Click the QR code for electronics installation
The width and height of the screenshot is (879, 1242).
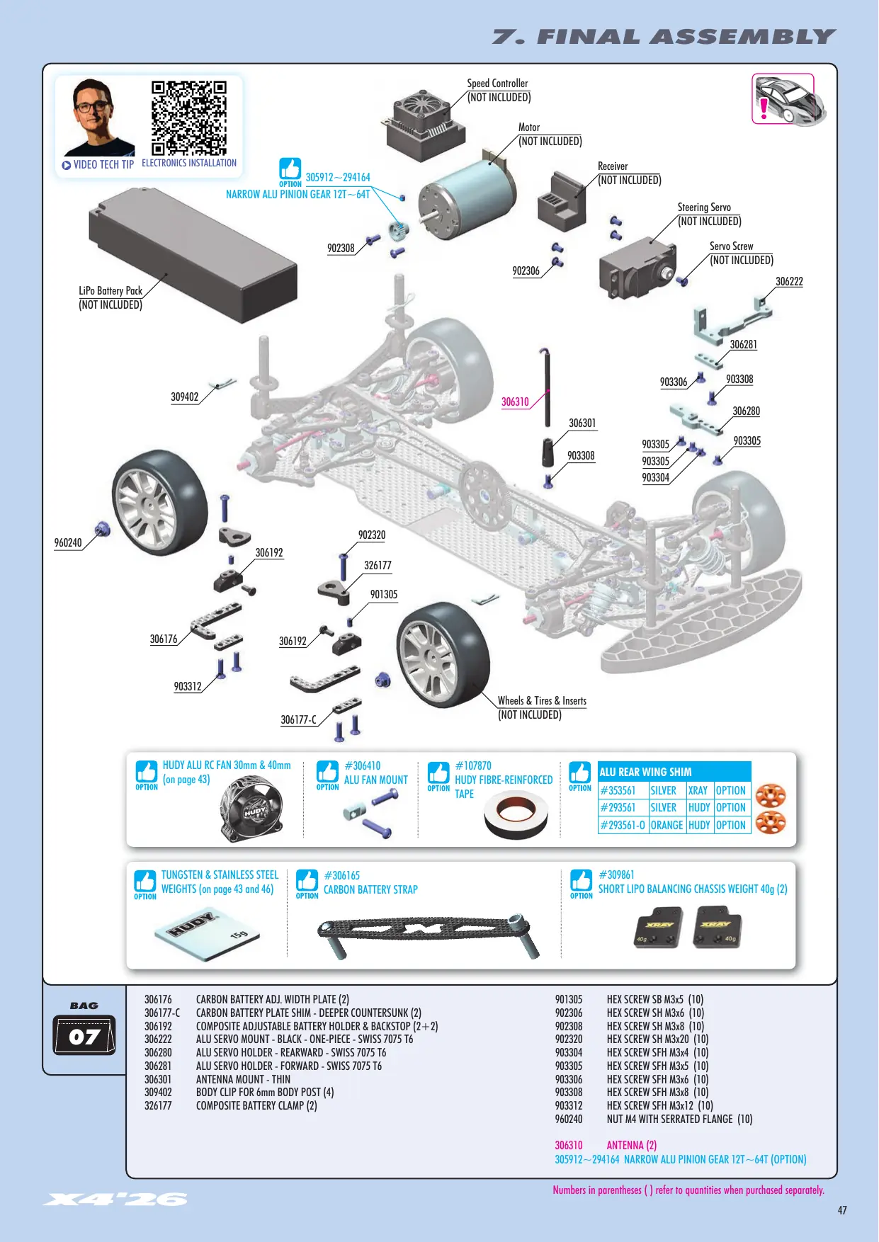pos(189,118)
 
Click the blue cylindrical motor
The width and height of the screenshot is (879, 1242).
pos(467,193)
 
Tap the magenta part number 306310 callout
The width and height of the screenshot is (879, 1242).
pos(515,402)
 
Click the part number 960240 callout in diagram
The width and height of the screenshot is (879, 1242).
pos(68,543)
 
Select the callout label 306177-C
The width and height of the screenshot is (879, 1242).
pos(298,720)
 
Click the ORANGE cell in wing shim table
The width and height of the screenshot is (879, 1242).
pos(667,826)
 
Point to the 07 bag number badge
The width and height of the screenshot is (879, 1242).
pos(84,1036)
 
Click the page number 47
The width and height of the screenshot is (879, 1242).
pos(842,1210)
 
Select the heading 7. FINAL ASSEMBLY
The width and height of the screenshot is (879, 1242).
pos(664,37)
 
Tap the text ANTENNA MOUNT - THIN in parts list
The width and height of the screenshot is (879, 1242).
pos(243,1079)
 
